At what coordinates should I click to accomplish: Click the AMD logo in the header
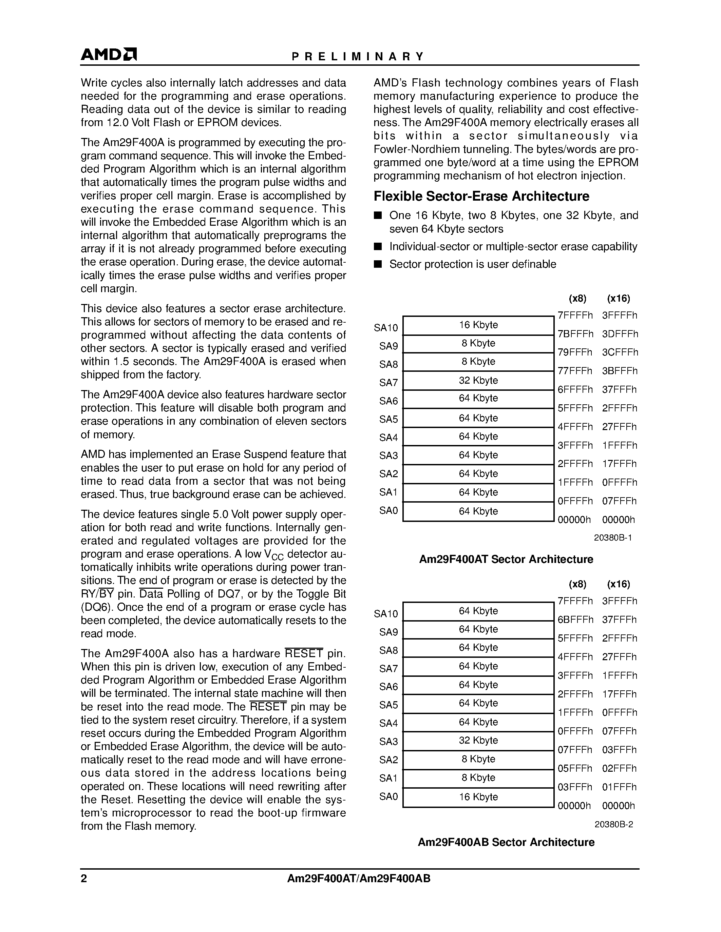pos(109,55)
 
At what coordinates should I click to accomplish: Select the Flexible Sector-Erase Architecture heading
pos(481,196)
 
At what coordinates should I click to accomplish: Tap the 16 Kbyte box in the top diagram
pos(478,325)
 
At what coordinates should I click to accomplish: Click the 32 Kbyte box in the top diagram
pos(478,380)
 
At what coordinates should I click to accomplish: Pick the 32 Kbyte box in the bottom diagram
pos(478,741)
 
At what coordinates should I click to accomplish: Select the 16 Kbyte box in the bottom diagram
pos(478,797)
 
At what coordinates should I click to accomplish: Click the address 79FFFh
pos(575,352)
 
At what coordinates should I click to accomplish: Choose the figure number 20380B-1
pos(612,538)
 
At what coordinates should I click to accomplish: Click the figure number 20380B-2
pos(613,825)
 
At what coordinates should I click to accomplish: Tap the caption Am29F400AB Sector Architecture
pos(506,843)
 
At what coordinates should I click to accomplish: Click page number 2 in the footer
pos(84,879)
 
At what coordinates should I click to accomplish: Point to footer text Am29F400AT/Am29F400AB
pos(358,879)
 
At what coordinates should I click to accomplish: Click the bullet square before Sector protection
pos(377,264)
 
